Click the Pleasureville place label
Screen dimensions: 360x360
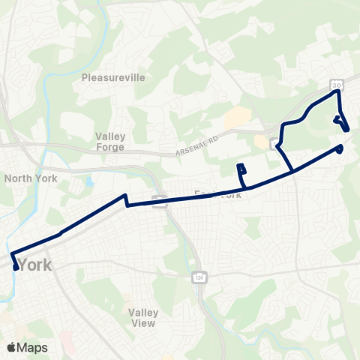[112, 77]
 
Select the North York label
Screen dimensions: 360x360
[30, 178]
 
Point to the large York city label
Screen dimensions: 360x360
[36, 265]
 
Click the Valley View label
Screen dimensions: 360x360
[141, 318]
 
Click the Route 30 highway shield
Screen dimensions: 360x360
[337, 85]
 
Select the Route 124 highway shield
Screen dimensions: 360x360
[198, 277]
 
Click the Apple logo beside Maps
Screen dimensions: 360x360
[13, 347]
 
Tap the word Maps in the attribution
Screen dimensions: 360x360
[34, 347]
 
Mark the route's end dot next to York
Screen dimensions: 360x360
[16, 267]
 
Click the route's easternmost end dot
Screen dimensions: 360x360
[340, 148]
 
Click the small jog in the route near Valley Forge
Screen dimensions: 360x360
[127, 199]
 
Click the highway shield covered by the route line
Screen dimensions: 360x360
[159, 200]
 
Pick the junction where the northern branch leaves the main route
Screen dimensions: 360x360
[292, 172]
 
